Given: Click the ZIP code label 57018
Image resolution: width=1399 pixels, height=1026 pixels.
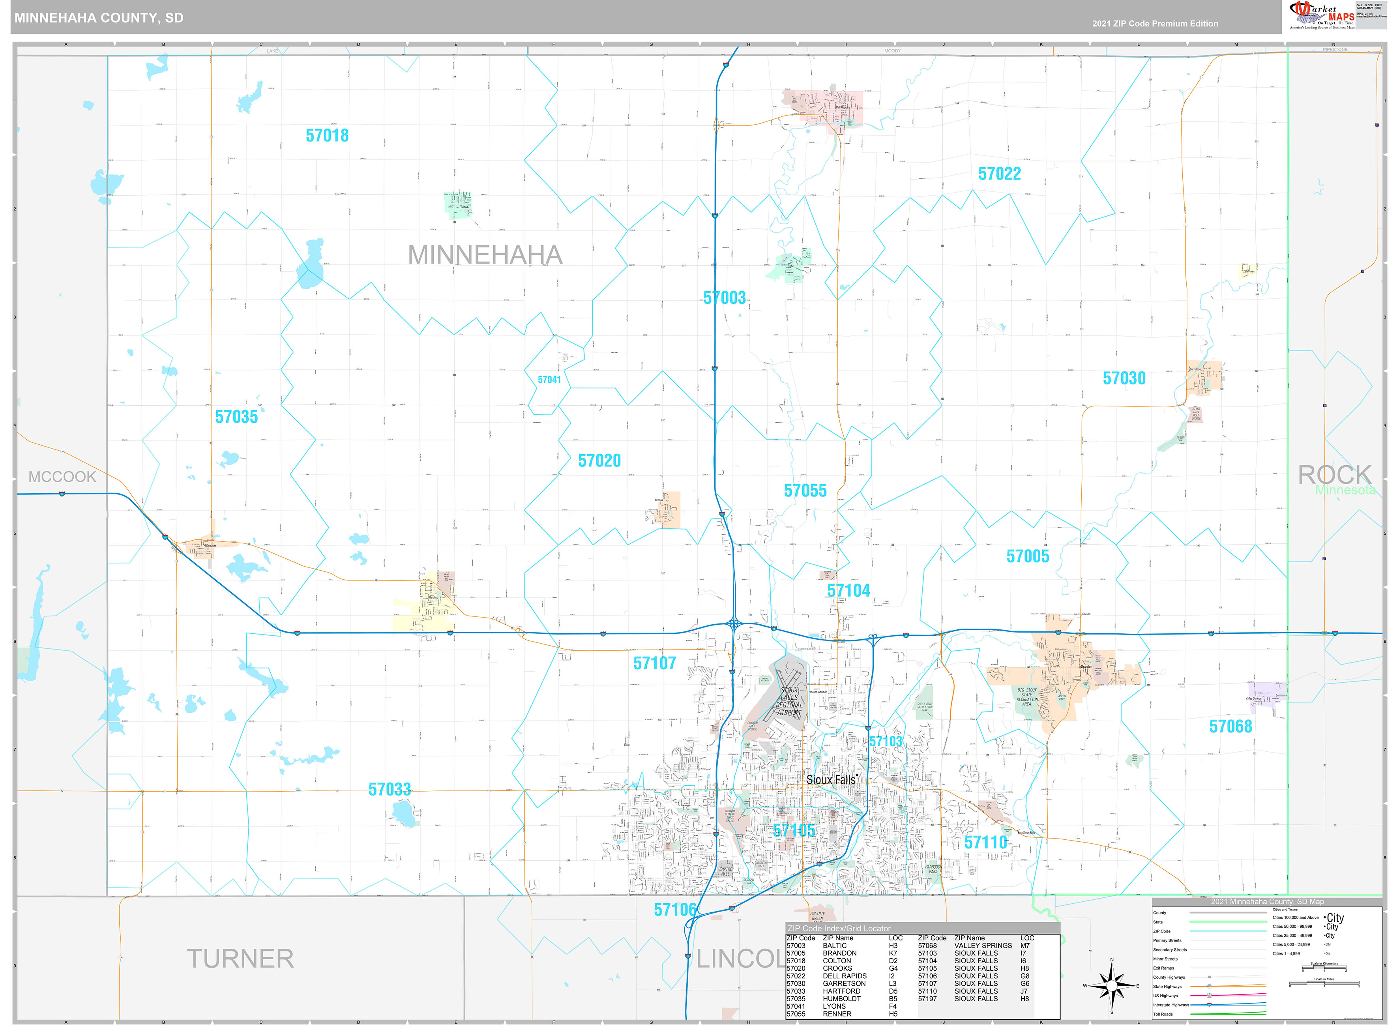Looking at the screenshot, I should pos(327,135).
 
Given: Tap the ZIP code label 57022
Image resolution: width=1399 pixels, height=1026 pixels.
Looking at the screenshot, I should pos(999,174).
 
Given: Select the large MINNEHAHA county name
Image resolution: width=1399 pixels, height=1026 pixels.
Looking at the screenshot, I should pos(485,255).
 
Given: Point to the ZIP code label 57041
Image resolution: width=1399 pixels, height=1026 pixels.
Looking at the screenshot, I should pos(549,380).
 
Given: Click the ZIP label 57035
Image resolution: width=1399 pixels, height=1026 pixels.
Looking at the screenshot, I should pos(236,417).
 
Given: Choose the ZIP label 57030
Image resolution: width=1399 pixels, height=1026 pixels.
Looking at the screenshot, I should pos(1124,378).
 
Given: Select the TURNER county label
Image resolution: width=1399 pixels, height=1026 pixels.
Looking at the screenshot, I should pos(240,958).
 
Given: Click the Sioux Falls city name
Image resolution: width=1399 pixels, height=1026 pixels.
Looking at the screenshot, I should pos(831,779).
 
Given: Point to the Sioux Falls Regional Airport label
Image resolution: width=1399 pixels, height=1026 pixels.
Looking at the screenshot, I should pos(789,701).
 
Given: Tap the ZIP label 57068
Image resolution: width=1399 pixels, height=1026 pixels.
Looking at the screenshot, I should pos(1230,726).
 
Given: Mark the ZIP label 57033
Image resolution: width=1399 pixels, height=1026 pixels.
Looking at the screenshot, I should pos(390,789).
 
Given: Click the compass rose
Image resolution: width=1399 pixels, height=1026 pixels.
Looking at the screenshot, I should pos(1111,986).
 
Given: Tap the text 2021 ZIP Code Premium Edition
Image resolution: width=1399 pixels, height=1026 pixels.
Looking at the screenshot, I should pos(1155,24).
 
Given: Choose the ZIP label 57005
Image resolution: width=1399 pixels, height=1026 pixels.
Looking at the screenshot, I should pos(1028,556).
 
